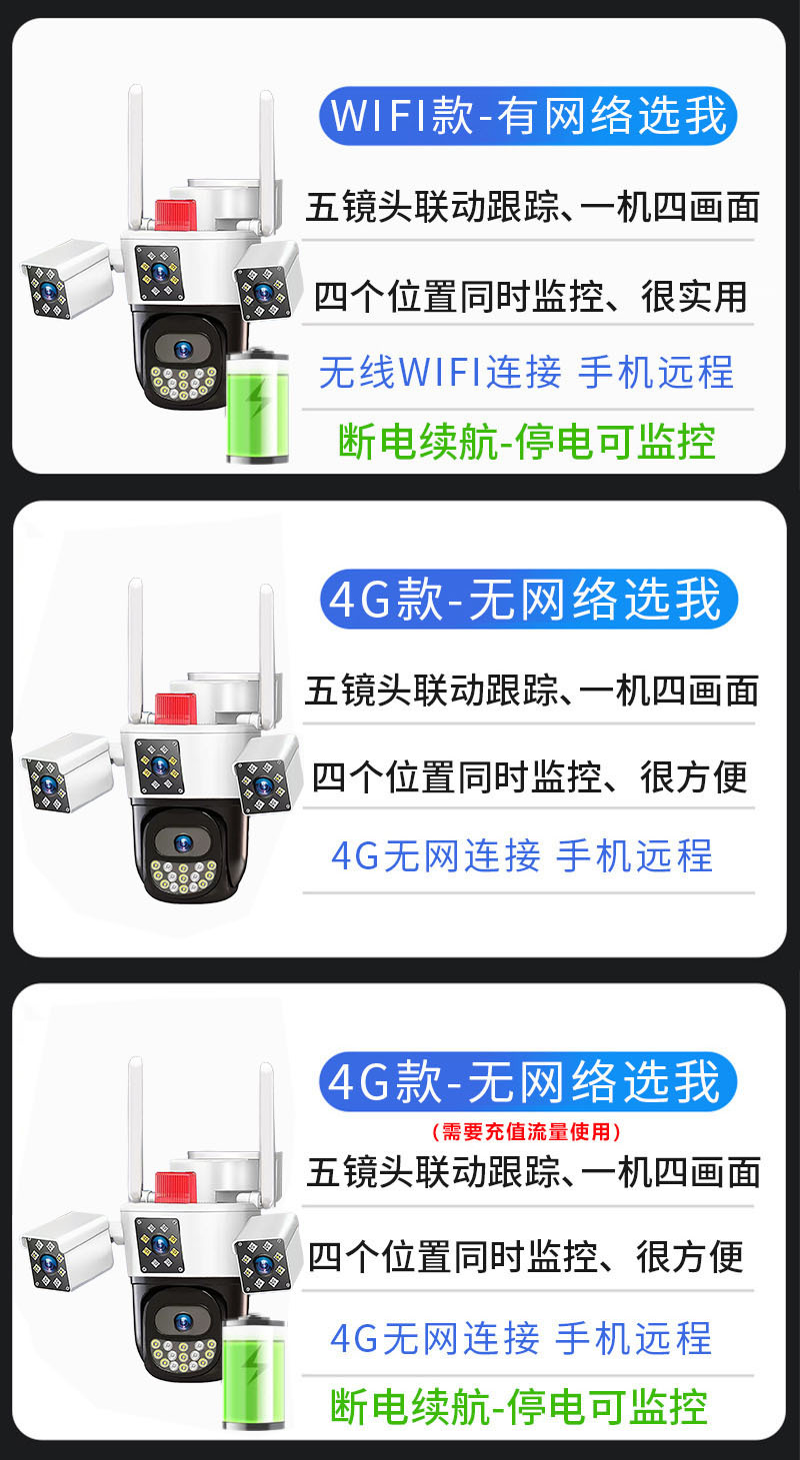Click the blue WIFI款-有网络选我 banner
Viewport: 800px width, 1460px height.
click(528, 116)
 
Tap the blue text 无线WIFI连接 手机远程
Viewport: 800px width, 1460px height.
click(526, 373)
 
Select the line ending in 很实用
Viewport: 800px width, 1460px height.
click(530, 297)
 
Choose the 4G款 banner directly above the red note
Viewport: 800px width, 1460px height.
click(528, 1082)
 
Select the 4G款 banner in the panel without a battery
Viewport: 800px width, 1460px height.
click(528, 601)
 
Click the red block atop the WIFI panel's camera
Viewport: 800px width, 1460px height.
click(175, 213)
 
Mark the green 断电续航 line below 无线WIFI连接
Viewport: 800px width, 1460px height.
click(527, 441)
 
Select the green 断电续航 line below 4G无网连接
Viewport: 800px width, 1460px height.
click(518, 1406)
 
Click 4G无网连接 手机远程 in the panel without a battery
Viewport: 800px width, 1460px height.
click(522, 856)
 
